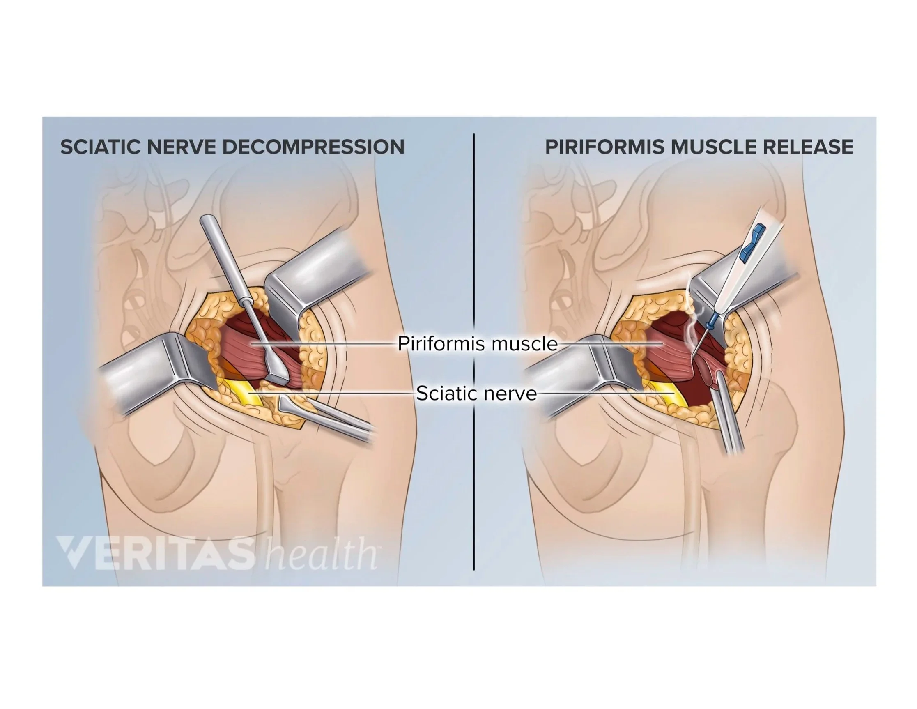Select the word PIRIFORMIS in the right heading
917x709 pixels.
604,147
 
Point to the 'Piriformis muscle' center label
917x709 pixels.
478,344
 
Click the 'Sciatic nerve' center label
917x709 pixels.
476,394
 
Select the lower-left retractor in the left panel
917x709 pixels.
151,378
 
